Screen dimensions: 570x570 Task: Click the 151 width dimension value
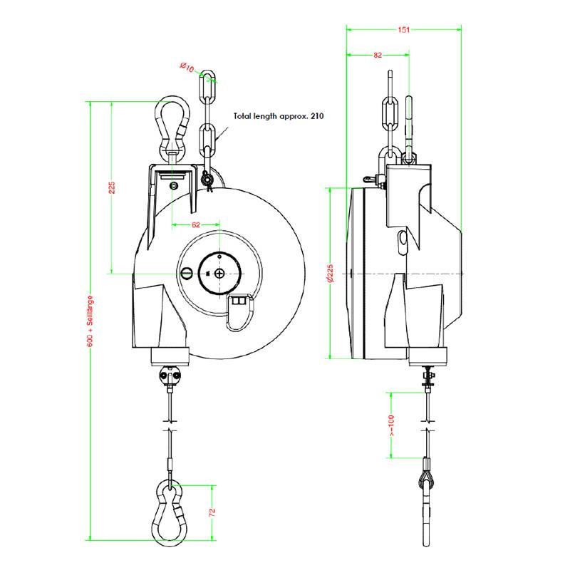[x=404, y=30]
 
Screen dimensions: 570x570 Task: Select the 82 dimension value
[x=377, y=55]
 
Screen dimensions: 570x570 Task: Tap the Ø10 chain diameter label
[x=187, y=68]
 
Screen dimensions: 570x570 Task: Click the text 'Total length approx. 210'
[x=279, y=115]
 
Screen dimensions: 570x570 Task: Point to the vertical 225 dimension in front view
[x=111, y=188]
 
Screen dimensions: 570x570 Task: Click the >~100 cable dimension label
[x=392, y=425]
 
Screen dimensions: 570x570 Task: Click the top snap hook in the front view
[x=170, y=125]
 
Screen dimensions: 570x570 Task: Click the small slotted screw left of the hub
[x=186, y=272]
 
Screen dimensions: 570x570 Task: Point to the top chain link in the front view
[x=207, y=88]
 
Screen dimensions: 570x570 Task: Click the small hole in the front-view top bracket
[x=175, y=185]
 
